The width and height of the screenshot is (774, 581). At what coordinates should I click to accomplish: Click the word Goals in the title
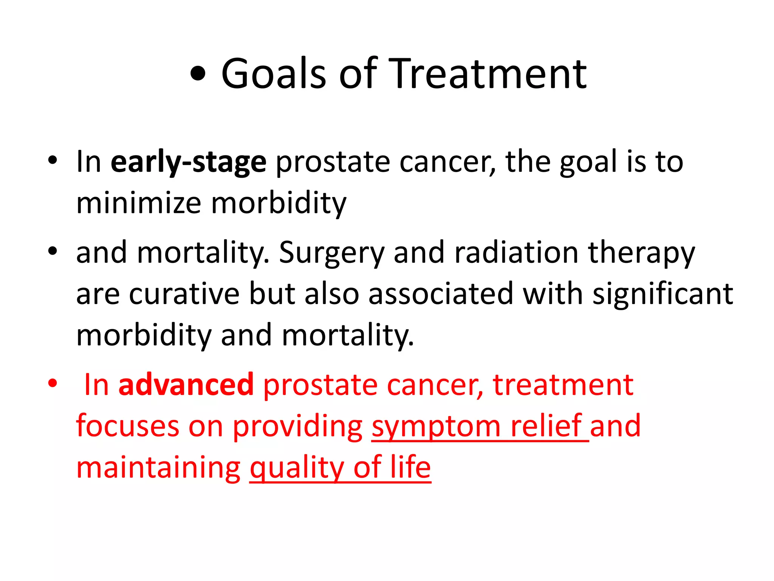273,74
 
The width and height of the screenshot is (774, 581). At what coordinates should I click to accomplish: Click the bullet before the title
198,75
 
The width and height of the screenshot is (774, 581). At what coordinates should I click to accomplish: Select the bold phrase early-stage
188,162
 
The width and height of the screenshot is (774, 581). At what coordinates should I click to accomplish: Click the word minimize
138,203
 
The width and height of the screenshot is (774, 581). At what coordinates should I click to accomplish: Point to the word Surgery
331,253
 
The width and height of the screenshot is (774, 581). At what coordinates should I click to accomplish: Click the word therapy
641,253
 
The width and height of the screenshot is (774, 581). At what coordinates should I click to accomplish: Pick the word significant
663,294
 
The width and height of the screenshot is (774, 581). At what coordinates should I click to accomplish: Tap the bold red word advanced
186,385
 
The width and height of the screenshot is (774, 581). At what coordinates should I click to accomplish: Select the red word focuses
127,426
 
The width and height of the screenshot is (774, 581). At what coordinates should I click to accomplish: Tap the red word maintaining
158,468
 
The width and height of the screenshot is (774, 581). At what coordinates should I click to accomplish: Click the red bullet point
53,383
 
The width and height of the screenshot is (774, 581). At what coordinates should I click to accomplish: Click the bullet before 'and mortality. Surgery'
53,251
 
